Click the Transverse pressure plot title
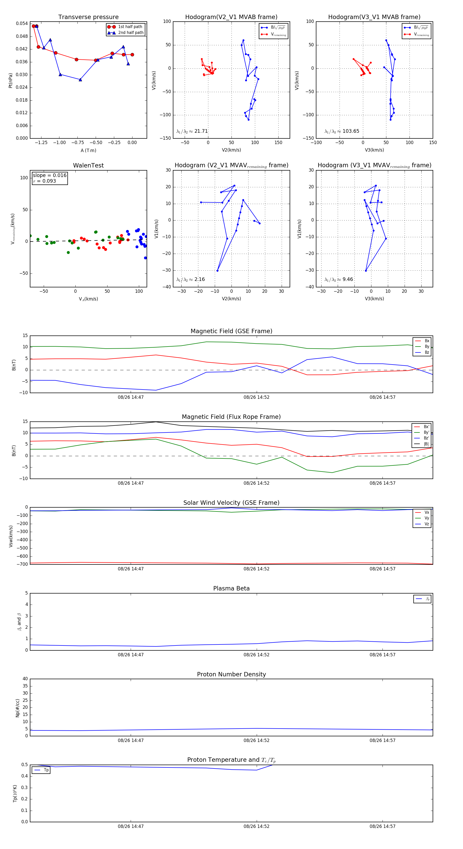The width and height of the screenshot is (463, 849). point(88,17)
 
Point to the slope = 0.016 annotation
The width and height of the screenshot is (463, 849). point(49,175)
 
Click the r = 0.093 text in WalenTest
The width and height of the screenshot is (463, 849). point(44,181)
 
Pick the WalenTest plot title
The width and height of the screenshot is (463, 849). point(88,165)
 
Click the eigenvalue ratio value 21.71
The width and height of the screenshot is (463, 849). point(201,131)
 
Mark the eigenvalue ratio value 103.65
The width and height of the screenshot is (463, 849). point(351,131)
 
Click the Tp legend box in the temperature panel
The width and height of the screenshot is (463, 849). point(41,770)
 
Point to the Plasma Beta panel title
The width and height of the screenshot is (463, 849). point(231,589)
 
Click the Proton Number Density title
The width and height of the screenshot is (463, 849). point(231,674)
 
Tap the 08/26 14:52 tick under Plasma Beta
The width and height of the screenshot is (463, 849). point(256,655)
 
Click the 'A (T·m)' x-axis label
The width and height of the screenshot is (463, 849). point(88,151)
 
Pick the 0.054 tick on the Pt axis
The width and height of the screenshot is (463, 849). point(22,23)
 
